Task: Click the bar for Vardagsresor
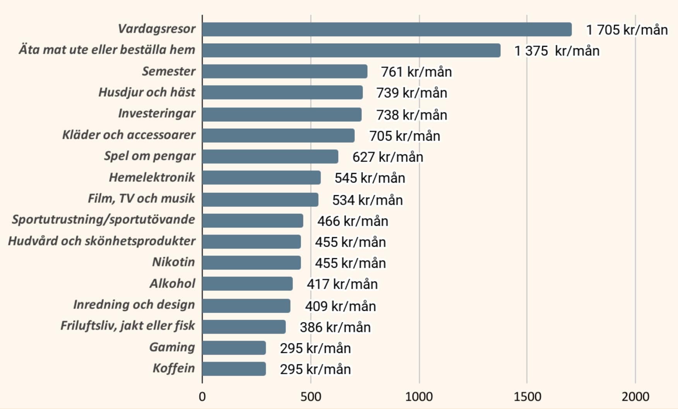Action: tap(387, 29)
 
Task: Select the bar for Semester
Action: tap(284, 72)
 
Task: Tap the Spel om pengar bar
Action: tap(270, 157)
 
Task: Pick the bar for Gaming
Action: tap(234, 348)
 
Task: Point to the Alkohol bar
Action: tap(247, 284)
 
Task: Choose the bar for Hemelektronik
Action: tap(261, 177)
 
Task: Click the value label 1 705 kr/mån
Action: tap(627, 30)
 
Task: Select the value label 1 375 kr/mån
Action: tap(556, 51)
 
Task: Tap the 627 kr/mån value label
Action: tap(387, 157)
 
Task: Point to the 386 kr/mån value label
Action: tap(335, 327)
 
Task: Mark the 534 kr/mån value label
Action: tap(367, 200)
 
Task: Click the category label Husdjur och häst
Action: tap(147, 92)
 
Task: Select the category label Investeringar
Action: tap(157, 113)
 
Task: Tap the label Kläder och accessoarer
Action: tap(129, 135)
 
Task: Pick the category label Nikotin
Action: tap(173, 262)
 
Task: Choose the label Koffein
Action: tap(174, 368)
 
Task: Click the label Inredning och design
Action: tap(134, 305)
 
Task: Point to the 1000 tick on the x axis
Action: tap(419, 397)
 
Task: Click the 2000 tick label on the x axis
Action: tap(635, 397)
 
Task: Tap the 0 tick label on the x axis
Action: tap(202, 397)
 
